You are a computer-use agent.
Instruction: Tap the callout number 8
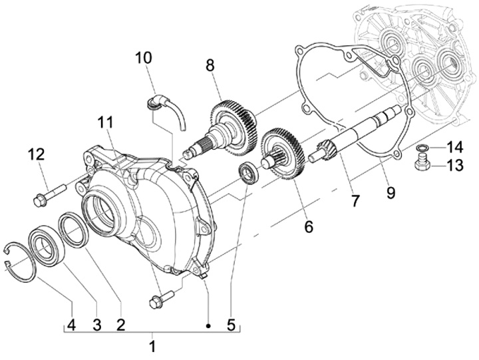click(210, 65)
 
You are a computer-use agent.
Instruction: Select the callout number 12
click(36, 154)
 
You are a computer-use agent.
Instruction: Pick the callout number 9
click(391, 192)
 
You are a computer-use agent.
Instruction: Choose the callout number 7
click(355, 200)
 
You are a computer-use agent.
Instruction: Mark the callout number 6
click(308, 226)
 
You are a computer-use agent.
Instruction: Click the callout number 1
click(152, 346)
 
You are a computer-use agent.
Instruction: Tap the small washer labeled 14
click(421, 147)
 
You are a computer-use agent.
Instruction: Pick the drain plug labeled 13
click(422, 164)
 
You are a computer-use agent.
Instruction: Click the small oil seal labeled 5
click(249, 174)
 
